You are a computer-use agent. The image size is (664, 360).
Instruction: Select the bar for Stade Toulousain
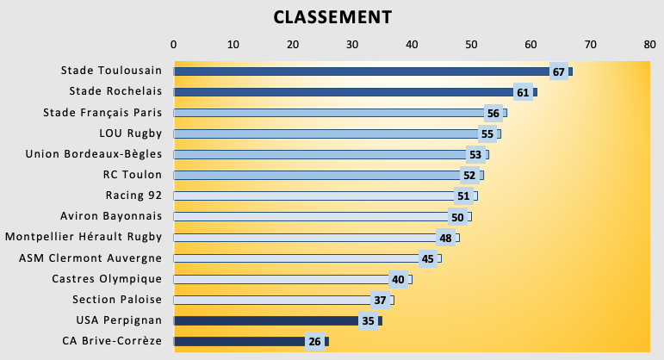[362, 71]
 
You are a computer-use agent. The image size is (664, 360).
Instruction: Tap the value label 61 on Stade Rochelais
[522, 92]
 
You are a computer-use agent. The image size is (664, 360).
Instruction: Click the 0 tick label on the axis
[174, 44]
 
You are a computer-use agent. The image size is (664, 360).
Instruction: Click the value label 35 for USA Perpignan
[368, 320]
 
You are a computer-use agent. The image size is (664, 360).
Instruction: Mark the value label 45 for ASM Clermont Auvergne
[427, 258]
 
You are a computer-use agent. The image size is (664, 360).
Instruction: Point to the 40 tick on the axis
[412, 44]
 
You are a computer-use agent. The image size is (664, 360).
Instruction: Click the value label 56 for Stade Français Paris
[493, 113]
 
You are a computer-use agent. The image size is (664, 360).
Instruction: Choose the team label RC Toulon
[132, 175]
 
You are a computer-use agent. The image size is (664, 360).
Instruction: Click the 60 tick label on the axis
[531, 44]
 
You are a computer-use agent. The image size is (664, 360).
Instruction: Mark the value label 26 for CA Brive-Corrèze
[314, 341]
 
